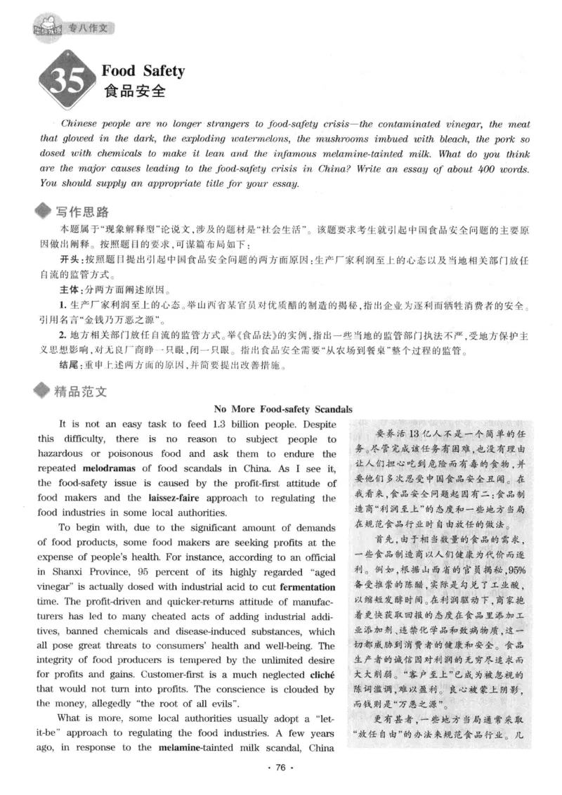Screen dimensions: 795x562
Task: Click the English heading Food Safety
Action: [143, 71]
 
